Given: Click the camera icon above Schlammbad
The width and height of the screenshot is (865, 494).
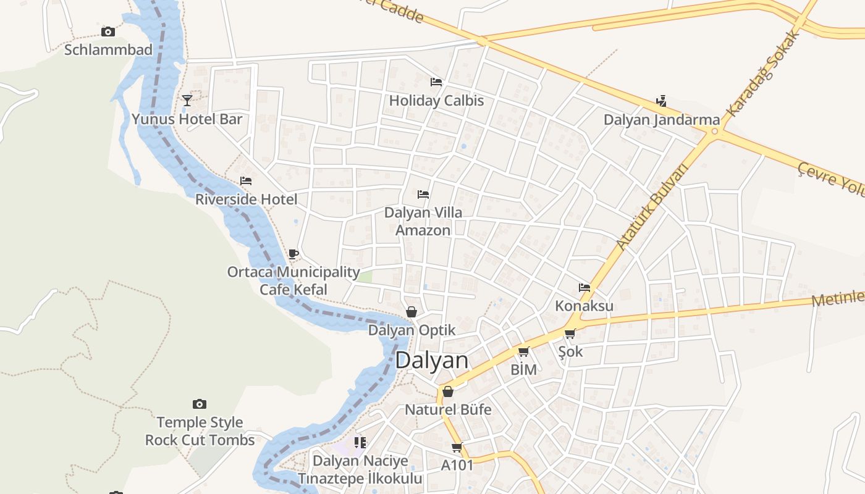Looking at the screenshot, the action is point(108,31).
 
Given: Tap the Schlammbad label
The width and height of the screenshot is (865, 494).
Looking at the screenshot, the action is point(108,50).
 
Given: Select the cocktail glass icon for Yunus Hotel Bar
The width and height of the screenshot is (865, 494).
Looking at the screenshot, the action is point(187,100).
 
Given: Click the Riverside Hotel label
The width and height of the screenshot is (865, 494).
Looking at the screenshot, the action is point(246,199).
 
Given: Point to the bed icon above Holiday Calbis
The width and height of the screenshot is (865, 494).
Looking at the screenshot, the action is point(436,82).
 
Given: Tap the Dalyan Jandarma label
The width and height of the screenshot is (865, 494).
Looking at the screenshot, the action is point(662,120).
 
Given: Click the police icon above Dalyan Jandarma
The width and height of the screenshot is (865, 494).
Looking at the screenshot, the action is point(661,101).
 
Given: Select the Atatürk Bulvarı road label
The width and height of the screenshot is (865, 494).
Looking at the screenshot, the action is point(652,207).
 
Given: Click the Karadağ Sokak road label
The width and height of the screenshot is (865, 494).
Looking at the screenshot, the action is point(764,74).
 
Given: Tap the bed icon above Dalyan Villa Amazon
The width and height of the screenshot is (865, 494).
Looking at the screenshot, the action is point(423,194).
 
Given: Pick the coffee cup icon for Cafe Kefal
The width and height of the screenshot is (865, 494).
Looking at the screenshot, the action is point(293,254).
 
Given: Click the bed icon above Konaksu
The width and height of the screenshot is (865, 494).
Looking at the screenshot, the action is point(584,287).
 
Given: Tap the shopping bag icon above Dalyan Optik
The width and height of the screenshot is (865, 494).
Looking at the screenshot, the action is point(411,312).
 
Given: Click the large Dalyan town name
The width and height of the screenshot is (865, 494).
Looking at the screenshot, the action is point(431,361).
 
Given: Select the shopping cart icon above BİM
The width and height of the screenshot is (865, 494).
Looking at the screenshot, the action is point(524,352).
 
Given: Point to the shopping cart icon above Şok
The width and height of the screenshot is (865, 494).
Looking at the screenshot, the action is point(570,334).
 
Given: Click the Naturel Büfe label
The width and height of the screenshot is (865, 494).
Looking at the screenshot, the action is point(448,409).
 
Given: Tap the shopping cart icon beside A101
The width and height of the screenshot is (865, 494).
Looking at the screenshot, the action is point(457,447).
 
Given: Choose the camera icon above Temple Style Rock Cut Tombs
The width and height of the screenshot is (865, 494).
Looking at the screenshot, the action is point(199,404).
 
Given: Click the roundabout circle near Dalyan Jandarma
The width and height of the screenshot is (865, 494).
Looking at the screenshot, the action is point(715,131).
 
